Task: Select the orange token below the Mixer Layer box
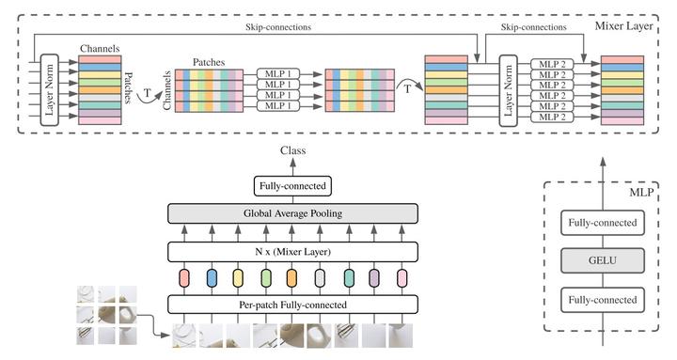pos(291,278)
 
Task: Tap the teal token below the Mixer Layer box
pos(348,278)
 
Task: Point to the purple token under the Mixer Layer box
pos(375,278)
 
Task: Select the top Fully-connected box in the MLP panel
pos(598,225)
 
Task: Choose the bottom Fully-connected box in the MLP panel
pos(598,302)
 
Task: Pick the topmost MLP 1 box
pos(281,72)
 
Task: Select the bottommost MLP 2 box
pos(552,117)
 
